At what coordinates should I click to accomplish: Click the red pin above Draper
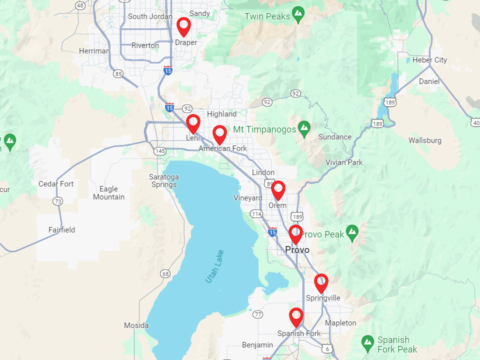(x=184, y=26)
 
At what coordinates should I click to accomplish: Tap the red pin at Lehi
(x=193, y=123)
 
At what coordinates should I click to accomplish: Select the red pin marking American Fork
(x=219, y=134)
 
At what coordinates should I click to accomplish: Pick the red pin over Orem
(x=278, y=189)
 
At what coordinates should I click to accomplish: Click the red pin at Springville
(x=321, y=282)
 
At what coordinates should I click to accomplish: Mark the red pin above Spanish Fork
(x=296, y=316)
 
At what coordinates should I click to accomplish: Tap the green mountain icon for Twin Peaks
(x=298, y=14)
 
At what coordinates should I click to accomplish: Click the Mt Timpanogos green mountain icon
(x=304, y=129)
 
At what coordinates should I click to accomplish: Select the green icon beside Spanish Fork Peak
(x=368, y=342)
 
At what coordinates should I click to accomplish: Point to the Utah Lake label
(x=214, y=266)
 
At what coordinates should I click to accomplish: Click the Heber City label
(x=429, y=60)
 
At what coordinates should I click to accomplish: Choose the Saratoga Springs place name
(x=164, y=181)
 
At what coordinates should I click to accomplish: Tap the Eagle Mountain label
(x=108, y=193)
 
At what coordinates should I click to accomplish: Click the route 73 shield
(x=58, y=201)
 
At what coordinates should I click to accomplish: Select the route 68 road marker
(x=165, y=273)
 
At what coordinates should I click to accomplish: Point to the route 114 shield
(x=256, y=214)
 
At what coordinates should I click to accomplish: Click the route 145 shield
(x=160, y=151)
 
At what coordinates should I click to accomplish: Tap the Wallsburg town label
(x=425, y=140)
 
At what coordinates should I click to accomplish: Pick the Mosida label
(x=136, y=325)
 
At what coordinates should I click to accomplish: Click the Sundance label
(x=335, y=137)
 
